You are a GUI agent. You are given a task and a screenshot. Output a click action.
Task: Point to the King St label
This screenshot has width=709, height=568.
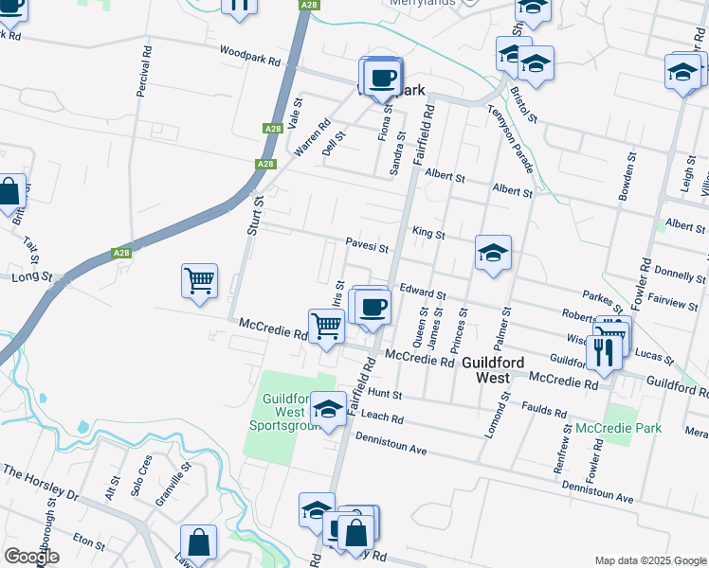coord(428,232)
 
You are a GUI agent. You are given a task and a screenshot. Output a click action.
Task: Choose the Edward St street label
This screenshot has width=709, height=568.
coord(422,293)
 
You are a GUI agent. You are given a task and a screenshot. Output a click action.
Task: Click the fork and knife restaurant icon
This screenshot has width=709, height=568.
coord(603,351)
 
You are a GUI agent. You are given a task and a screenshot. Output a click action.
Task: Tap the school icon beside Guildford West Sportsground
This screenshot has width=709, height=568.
coord(328,409)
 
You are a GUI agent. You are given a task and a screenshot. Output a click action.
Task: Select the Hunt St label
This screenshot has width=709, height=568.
coord(386,393)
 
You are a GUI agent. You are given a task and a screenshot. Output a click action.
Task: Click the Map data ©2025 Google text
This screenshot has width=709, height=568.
coord(649,559)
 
